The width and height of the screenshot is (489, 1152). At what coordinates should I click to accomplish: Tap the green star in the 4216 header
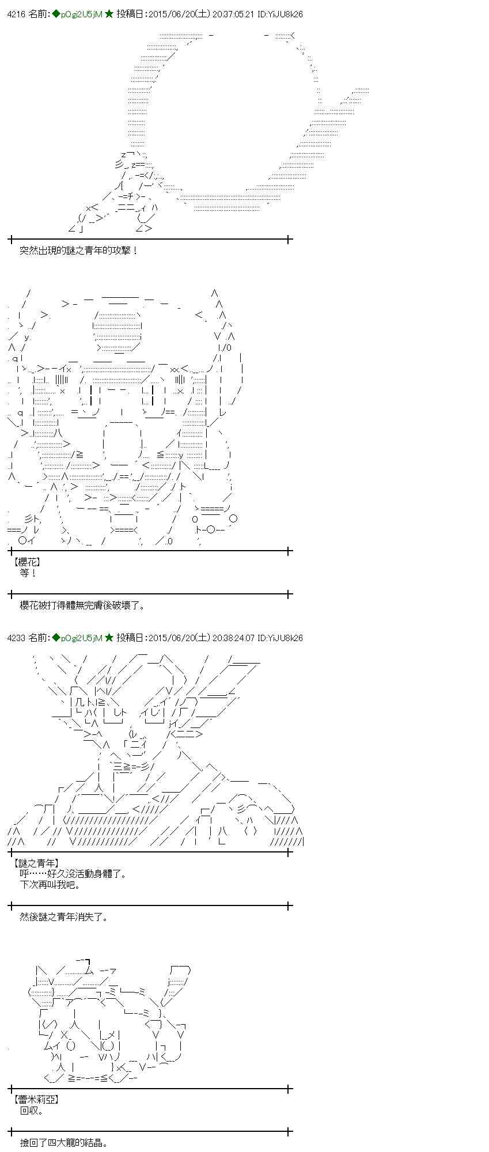click(109, 14)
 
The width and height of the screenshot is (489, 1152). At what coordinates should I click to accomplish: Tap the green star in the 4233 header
click(109, 638)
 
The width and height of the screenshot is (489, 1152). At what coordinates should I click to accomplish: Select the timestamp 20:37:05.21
click(233, 14)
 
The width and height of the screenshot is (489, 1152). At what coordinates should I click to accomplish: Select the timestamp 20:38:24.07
click(233, 638)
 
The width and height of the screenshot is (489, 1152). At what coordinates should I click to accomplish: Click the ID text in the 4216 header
click(280, 14)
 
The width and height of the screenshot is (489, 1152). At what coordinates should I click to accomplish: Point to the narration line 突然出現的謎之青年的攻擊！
click(79, 251)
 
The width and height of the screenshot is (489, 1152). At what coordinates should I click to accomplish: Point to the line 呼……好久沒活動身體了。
click(73, 874)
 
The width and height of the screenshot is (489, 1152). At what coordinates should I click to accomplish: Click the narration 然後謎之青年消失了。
click(65, 916)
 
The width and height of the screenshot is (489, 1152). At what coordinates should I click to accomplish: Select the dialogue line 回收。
click(32, 1111)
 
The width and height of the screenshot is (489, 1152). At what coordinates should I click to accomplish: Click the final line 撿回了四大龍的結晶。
click(65, 1143)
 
